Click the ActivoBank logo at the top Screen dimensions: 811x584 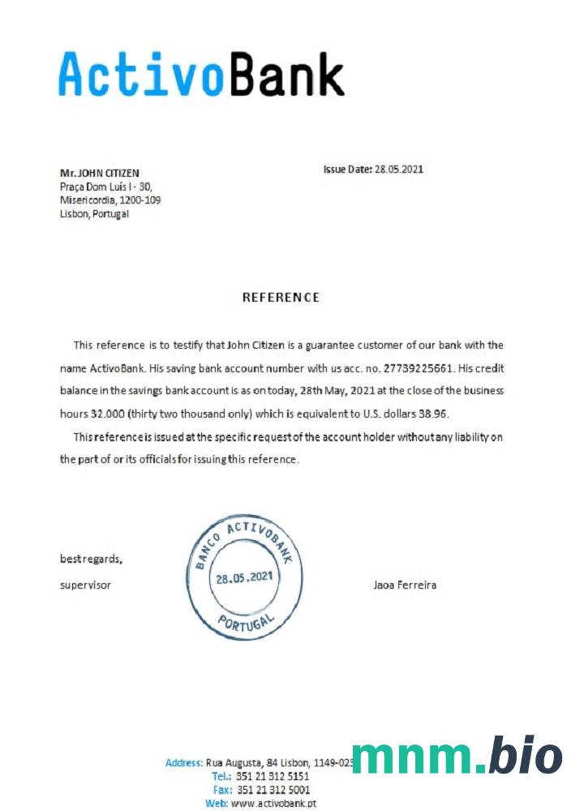[x=201, y=74]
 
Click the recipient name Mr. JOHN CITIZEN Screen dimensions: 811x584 [x=100, y=173]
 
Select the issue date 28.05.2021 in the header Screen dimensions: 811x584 [x=398, y=169]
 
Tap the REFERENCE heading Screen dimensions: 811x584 [x=281, y=298]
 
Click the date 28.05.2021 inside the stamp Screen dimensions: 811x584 [x=244, y=578]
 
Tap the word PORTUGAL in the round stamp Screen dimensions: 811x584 [x=245, y=621]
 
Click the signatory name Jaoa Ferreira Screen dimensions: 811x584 [x=405, y=585]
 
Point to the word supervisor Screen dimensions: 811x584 [x=85, y=585]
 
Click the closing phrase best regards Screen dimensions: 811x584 [x=92, y=559]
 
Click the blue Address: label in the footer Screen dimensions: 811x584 [x=184, y=763]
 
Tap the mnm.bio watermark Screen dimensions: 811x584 [x=457, y=756]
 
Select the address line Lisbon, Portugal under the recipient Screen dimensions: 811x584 [x=94, y=214]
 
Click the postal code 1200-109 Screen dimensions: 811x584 [x=141, y=200]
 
